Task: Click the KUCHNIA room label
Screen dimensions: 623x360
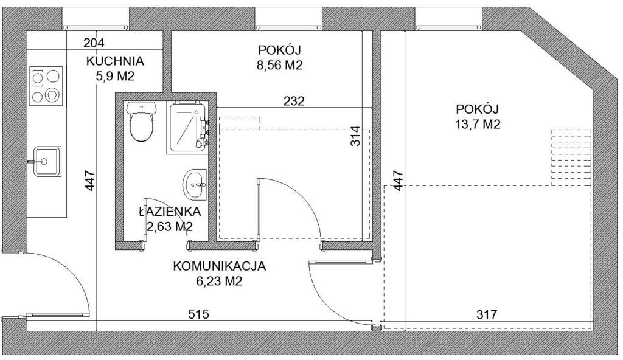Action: (115, 61)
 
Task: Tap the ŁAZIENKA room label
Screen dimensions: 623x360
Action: (170, 212)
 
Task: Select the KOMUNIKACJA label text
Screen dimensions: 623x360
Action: (219, 266)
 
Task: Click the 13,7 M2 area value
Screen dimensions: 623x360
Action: (478, 125)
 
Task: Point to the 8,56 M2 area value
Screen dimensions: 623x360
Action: (280, 65)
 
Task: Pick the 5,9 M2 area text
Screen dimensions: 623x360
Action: (115, 76)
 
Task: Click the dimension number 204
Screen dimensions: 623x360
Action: (94, 43)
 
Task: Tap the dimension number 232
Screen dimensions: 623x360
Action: (294, 101)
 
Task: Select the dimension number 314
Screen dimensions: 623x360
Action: (355, 136)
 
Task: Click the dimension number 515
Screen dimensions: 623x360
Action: (198, 314)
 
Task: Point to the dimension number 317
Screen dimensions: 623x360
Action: (487, 314)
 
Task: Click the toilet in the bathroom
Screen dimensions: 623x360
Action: (141, 121)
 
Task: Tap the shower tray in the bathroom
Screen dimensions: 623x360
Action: (187, 128)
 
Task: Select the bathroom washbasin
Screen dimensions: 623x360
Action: (195, 184)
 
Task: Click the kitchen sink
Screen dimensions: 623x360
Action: (46, 161)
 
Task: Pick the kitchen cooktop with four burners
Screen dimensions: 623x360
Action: (46, 86)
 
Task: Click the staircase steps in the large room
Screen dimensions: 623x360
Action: (571, 157)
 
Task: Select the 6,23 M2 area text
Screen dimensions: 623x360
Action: (219, 282)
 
